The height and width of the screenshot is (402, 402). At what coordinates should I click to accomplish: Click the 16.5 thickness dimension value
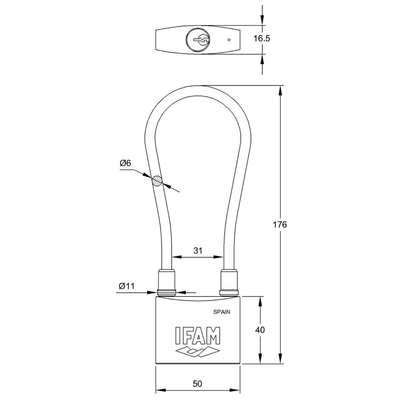tap(262, 39)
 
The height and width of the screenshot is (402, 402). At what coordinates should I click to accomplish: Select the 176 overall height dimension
tap(280, 225)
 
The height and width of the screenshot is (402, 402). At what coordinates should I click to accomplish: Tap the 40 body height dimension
tap(260, 330)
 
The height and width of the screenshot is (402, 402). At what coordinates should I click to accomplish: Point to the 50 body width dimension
tap(198, 384)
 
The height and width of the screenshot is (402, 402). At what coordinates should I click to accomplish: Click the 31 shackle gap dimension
tap(198, 251)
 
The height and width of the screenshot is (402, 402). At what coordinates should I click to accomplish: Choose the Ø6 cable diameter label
tap(125, 163)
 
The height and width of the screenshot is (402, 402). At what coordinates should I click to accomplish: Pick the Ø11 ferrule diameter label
tap(126, 286)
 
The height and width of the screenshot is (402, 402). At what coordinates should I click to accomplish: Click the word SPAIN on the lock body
tap(221, 312)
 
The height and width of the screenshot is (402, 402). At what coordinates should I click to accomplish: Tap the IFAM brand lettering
tap(198, 336)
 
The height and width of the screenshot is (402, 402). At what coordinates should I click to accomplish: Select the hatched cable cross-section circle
tap(157, 181)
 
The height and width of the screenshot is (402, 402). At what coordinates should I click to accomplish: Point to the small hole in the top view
tap(229, 40)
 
